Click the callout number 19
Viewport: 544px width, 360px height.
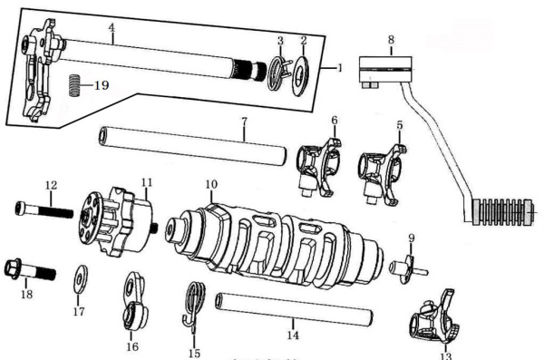point(102,85)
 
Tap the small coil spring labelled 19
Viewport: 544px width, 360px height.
point(73,85)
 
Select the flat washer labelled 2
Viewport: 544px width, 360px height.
point(300,75)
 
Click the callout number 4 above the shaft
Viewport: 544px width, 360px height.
point(112,28)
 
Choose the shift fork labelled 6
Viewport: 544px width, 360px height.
point(319,167)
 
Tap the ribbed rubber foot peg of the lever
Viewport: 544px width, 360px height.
point(501,212)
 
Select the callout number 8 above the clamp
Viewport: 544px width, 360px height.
point(391,40)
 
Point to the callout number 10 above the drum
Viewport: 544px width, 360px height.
point(211,184)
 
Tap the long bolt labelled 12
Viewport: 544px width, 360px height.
point(44,210)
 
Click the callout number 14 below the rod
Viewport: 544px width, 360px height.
point(293,336)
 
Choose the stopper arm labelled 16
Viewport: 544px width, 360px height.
point(134,301)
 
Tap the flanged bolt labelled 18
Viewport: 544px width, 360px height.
point(30,269)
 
